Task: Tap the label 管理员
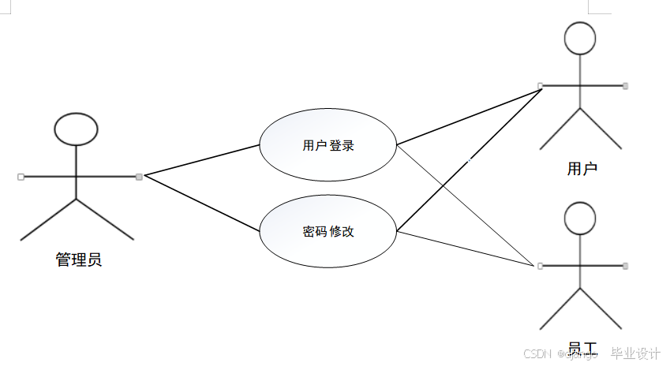[x=78, y=260]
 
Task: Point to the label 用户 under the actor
[x=582, y=168]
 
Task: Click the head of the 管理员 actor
[x=76, y=129]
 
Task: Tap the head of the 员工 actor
[x=580, y=218]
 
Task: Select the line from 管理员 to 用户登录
[x=202, y=161]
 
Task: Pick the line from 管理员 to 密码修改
[x=202, y=203]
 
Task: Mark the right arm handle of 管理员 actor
[x=139, y=177]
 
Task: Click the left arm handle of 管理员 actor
[x=21, y=177]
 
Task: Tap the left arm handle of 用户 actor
[x=540, y=85]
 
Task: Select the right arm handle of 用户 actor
[x=625, y=85]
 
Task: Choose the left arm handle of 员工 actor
[x=540, y=266]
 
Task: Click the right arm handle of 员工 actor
[x=625, y=266]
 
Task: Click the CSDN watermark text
[x=536, y=353]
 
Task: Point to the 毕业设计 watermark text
[x=635, y=353]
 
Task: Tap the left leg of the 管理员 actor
[x=48, y=220]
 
